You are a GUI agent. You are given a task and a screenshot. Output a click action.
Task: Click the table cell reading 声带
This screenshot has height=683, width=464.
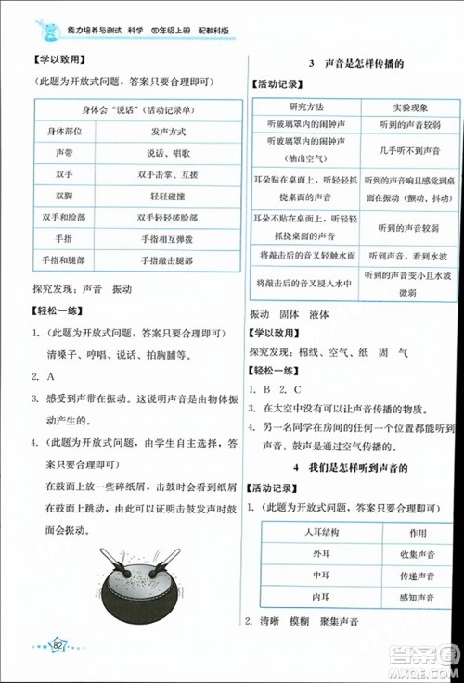click(x=62, y=151)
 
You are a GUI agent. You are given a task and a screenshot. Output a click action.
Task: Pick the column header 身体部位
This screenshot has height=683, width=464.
click(x=62, y=133)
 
